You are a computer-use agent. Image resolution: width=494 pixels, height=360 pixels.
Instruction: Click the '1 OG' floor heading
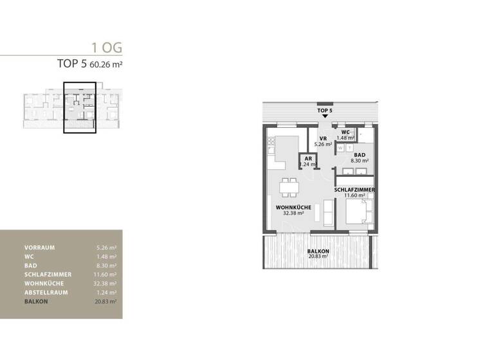click(107, 47)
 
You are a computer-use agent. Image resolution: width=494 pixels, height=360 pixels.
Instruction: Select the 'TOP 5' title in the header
click(72, 64)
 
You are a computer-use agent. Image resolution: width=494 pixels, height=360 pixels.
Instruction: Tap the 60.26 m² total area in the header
click(105, 64)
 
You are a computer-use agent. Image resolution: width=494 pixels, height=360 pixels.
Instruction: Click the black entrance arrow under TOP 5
click(325, 116)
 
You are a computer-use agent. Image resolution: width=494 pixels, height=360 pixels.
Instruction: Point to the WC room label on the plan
click(345, 132)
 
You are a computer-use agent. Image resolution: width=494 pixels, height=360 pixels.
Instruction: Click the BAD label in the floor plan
click(360, 155)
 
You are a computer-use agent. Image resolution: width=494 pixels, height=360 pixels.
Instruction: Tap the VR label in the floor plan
click(323, 139)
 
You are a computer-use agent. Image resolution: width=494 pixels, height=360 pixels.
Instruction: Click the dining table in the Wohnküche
click(289, 187)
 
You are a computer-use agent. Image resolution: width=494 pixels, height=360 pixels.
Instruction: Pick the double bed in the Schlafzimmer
click(359, 212)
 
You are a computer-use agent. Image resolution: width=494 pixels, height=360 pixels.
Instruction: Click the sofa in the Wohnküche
click(328, 214)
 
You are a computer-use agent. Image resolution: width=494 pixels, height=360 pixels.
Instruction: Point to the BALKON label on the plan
click(318, 251)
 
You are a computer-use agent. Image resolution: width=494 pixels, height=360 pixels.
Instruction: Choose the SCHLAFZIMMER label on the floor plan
click(355, 190)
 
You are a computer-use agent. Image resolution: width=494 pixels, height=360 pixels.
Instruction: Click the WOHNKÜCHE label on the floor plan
click(293, 207)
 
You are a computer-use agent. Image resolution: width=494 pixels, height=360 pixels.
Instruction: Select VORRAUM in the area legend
click(39, 248)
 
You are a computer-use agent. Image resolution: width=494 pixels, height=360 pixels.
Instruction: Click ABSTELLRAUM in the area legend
click(46, 292)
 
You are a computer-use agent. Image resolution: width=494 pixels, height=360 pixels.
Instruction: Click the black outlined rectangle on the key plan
click(80, 107)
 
